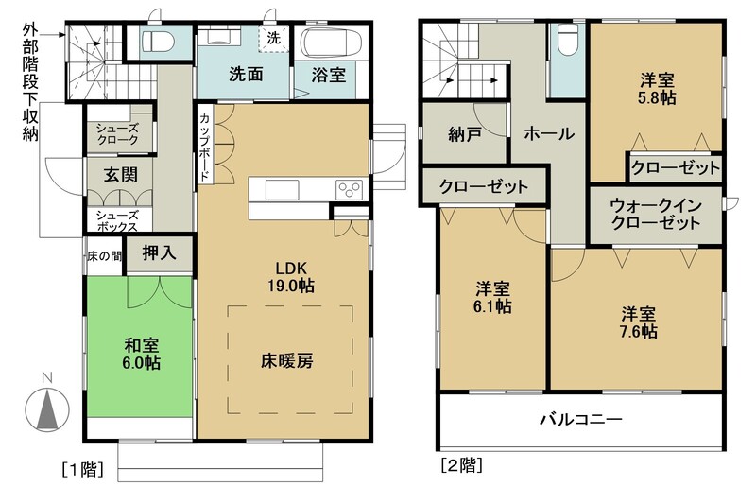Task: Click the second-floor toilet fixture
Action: click(x=567, y=40)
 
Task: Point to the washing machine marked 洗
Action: click(x=273, y=39)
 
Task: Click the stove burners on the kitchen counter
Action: click(x=350, y=189)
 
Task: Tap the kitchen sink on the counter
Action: click(x=282, y=189)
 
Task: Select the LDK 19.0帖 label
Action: click(x=291, y=277)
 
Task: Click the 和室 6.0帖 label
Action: click(x=141, y=354)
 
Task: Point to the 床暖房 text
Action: click(x=287, y=360)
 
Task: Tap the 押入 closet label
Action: click(x=159, y=252)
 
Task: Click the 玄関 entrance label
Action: click(x=121, y=175)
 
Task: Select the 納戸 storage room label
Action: click(x=464, y=134)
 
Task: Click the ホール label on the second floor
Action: click(x=549, y=133)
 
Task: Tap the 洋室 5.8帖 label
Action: click(x=657, y=89)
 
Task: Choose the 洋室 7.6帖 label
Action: click(x=639, y=322)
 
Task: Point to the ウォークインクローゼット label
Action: click(x=656, y=214)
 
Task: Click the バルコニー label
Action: click(x=580, y=419)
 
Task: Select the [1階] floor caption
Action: click(x=83, y=469)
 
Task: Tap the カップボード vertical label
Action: click(x=204, y=148)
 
